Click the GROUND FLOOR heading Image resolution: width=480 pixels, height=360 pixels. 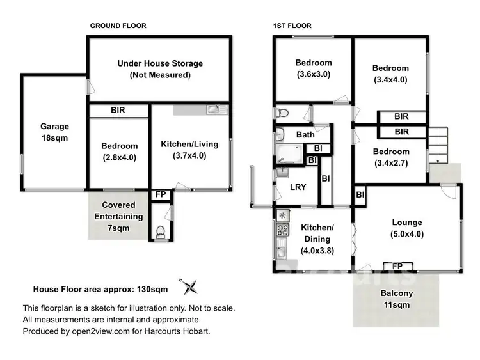click(118, 26)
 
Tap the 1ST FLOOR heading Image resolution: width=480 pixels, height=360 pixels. click(292, 26)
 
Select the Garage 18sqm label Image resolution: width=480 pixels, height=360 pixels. click(54, 132)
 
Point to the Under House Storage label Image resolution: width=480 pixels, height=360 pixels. click(159, 69)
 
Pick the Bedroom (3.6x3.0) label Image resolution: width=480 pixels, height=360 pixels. click(313, 68)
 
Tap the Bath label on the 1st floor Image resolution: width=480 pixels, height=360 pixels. click(305, 135)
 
